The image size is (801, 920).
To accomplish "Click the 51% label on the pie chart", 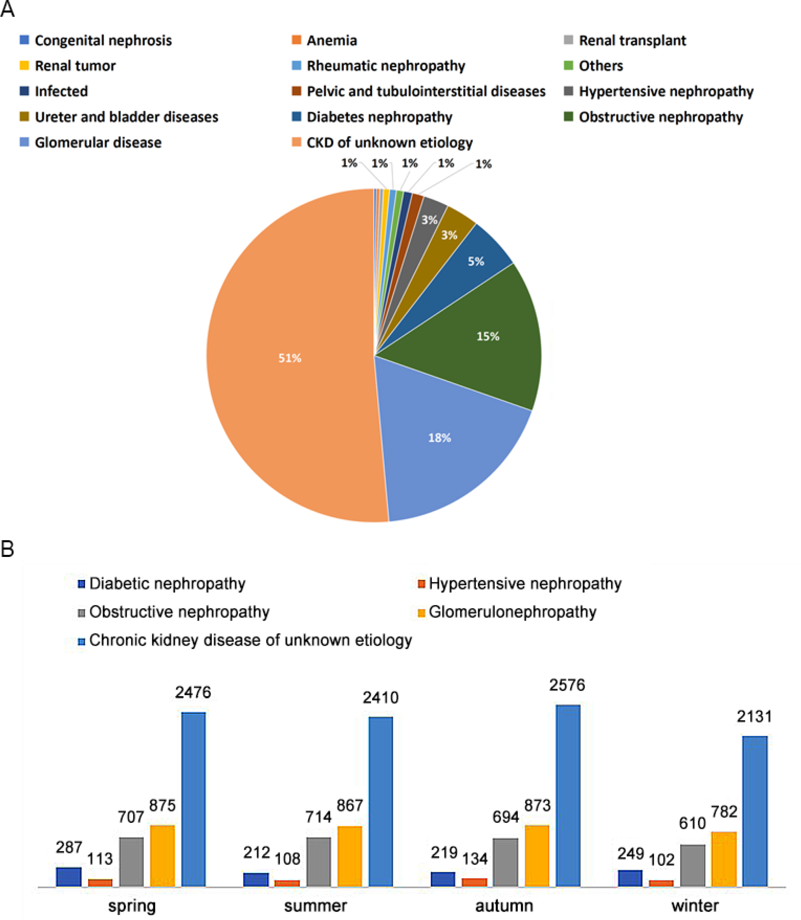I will pyautogui.click(x=290, y=358).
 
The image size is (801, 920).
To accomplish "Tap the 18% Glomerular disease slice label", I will pyautogui.click(x=439, y=438).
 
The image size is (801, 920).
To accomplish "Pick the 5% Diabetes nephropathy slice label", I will pyautogui.click(x=476, y=262).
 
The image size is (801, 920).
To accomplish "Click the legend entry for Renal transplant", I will pyautogui.click(x=632, y=41).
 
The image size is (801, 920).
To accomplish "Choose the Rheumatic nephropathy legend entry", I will pyautogui.click(x=385, y=66).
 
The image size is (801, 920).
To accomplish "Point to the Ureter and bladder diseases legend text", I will pyautogui.click(x=127, y=117).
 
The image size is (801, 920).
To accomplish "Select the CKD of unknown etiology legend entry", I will pyautogui.click(x=389, y=142).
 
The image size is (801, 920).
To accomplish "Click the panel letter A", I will pyautogui.click(x=7, y=9).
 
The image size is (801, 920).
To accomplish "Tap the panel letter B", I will pyautogui.click(x=7, y=549).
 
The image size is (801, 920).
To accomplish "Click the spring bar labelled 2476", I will pyautogui.click(x=194, y=799).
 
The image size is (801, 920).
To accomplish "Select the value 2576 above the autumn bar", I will pyautogui.click(x=567, y=685).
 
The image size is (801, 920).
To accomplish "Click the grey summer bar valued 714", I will pyautogui.click(x=319, y=861).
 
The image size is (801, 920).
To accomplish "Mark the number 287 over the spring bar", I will pyautogui.click(x=69, y=847).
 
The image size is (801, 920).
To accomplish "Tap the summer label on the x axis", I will pyautogui.click(x=316, y=906).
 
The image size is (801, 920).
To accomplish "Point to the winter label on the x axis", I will pyautogui.click(x=695, y=906).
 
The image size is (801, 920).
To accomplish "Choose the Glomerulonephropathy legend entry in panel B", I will pyautogui.click(x=512, y=612).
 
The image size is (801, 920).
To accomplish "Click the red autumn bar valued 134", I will pyautogui.click(x=474, y=882).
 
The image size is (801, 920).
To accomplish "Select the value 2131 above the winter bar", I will pyautogui.click(x=754, y=717).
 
